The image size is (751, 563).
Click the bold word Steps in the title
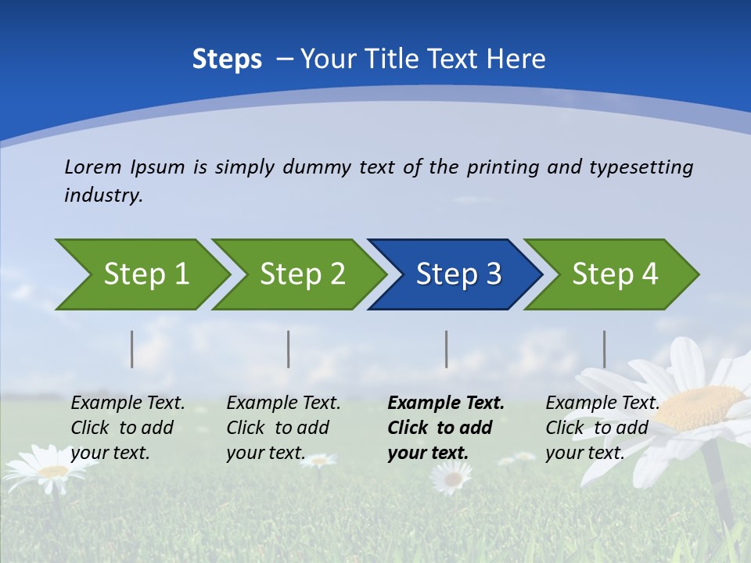click(227, 59)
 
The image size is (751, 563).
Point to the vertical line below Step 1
click(132, 349)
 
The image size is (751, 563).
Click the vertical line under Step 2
click(289, 349)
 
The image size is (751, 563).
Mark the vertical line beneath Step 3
click(447, 349)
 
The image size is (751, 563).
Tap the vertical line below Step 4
click(605, 349)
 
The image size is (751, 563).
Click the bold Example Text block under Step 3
click(446, 428)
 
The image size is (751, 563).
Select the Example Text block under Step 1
click(128, 428)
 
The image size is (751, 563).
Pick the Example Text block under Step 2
click(283, 428)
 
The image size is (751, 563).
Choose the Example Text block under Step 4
click(602, 428)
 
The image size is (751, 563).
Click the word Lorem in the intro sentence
click(93, 167)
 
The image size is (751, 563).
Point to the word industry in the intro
click(102, 195)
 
